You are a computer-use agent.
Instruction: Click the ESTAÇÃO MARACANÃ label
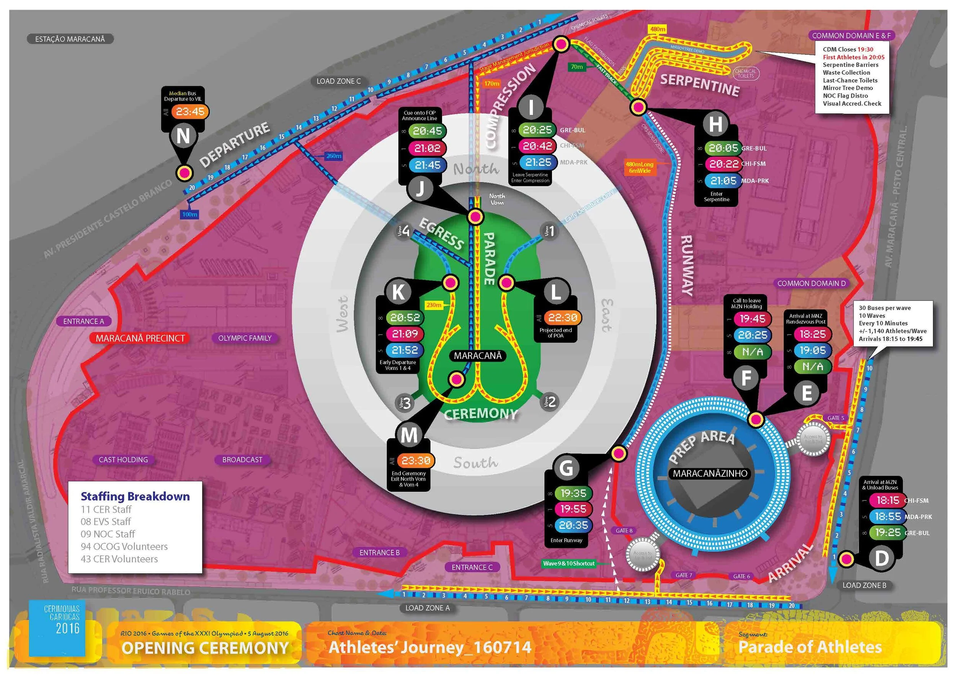click(x=70, y=39)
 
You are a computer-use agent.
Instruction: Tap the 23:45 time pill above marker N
click(x=190, y=112)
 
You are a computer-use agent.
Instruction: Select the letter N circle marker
click(x=183, y=136)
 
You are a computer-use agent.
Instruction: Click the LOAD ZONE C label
click(x=338, y=81)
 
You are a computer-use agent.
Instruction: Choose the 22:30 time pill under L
click(x=562, y=318)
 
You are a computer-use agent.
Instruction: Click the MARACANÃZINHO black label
click(x=710, y=474)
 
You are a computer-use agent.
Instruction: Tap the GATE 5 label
click(x=836, y=418)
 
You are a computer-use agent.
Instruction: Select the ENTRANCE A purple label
click(x=83, y=321)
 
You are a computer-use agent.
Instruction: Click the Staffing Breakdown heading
click(x=135, y=496)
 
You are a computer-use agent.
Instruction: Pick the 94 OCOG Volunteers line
click(x=124, y=546)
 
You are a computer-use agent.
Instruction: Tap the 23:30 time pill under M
click(x=416, y=461)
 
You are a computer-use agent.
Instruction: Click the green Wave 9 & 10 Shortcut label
click(x=568, y=564)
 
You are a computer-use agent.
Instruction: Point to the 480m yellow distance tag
click(x=658, y=29)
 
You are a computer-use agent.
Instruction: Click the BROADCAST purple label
click(x=242, y=460)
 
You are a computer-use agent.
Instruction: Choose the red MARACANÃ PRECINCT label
click(x=140, y=338)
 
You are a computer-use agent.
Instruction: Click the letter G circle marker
click(x=566, y=468)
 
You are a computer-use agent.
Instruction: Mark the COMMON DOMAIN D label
click(x=811, y=283)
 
